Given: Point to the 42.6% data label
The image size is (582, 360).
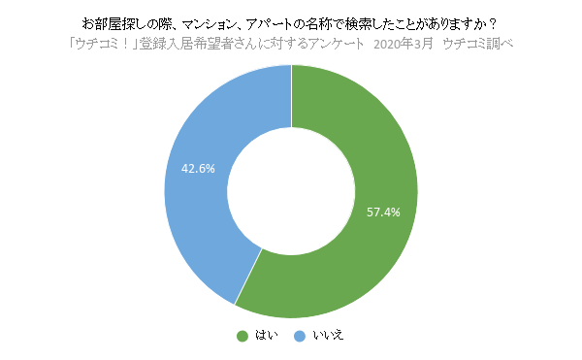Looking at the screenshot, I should [x=198, y=168].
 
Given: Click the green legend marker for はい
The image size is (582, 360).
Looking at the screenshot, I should [x=242, y=336].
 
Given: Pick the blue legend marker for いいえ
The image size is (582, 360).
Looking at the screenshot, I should [x=299, y=336].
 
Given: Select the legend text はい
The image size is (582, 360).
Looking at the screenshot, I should [x=266, y=336].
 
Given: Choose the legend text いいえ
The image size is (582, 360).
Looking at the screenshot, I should [x=328, y=336].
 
